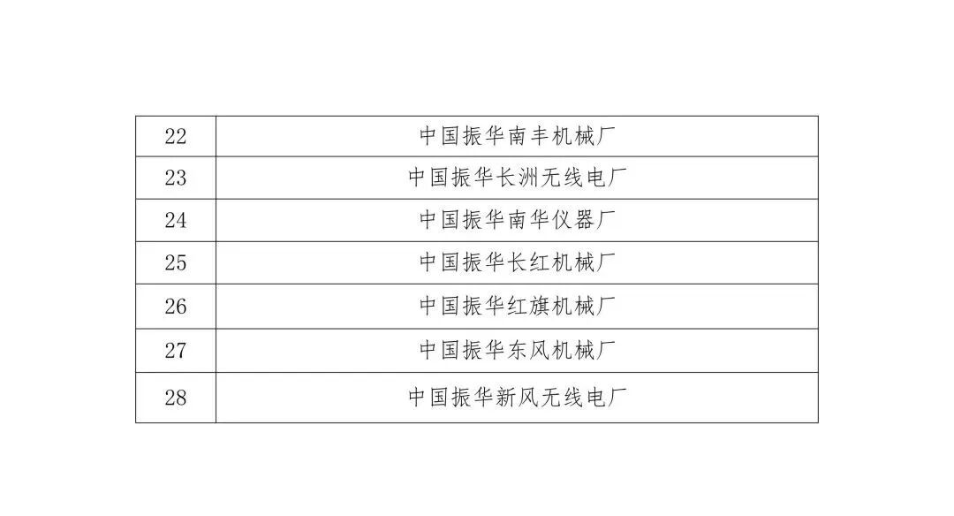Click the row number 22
176,137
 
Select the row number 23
176,178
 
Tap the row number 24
176,220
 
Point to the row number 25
176,262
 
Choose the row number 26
176,307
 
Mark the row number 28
176,398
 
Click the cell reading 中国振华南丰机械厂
517,137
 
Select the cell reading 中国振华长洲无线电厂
517,178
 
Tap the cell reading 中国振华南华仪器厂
517,220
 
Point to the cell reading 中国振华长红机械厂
517,262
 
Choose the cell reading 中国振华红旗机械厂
517,307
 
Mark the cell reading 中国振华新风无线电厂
517,398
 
